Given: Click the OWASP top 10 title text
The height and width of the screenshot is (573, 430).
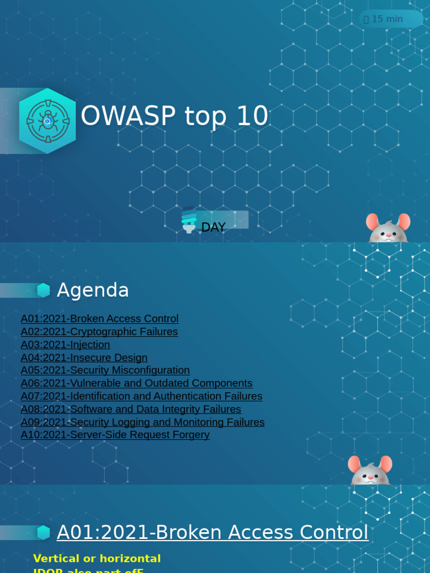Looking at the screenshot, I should point(174,116).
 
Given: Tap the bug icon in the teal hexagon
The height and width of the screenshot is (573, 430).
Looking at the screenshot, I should point(47,120).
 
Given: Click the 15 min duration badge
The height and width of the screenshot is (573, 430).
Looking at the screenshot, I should point(390,19).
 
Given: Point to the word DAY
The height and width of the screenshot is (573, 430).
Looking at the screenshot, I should point(213,227).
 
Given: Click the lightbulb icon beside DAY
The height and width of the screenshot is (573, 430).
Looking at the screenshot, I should point(189,220).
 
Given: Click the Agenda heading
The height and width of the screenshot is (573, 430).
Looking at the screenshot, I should point(93,290).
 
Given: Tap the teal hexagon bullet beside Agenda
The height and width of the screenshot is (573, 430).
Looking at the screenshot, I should point(44,290).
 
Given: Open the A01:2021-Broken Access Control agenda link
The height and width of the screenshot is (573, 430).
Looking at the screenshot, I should point(100,318).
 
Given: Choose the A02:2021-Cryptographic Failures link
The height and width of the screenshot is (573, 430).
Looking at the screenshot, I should point(99,331).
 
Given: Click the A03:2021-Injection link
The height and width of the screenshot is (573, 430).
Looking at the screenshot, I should point(66,345).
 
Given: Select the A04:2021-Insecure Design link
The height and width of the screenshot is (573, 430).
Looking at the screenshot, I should point(84,358).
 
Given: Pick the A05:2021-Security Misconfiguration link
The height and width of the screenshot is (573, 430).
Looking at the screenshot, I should point(105,370).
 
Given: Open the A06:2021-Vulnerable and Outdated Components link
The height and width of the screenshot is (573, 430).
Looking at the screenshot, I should point(137,383).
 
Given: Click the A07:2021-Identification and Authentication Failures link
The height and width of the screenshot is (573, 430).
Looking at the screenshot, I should point(142,396).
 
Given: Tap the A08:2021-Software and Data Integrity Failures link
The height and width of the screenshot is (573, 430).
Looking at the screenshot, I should point(131,409).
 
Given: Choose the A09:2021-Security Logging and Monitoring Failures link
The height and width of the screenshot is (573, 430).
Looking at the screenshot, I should point(143,422).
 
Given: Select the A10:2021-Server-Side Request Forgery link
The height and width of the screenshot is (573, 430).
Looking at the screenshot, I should point(115,435).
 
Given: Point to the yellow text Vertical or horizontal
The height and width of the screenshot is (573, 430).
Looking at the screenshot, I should point(97,558).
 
